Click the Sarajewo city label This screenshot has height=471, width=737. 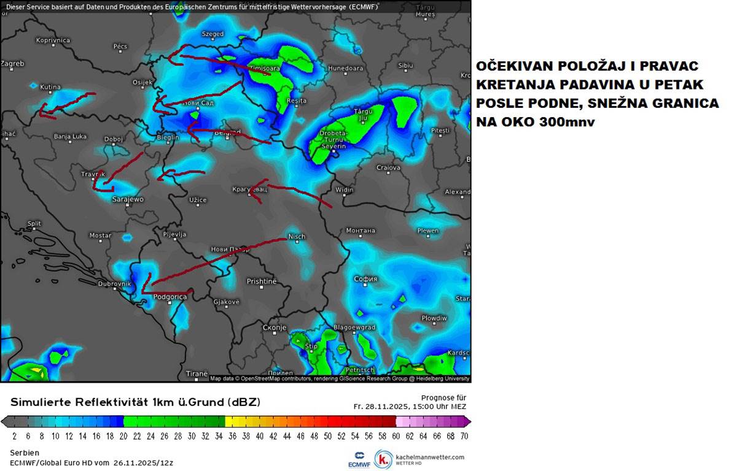(x=128, y=199)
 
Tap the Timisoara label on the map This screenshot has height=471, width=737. (x=264, y=69)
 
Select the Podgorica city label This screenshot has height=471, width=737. (x=170, y=297)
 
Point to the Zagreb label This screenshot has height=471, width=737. (x=12, y=63)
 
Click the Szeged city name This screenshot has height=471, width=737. (x=213, y=34)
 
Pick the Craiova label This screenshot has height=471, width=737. (x=388, y=167)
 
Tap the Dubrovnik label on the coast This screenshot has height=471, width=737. (x=114, y=284)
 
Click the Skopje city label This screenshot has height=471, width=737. (x=275, y=328)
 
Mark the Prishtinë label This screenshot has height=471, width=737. (x=262, y=281)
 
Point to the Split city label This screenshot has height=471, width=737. (x=34, y=224)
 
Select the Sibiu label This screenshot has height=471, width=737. (x=405, y=65)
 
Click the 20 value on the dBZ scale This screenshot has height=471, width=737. (x=123, y=436)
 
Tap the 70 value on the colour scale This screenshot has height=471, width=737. (x=465, y=436)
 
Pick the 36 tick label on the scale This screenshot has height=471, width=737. (x=232, y=436)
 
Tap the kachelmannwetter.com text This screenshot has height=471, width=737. (x=430, y=457)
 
